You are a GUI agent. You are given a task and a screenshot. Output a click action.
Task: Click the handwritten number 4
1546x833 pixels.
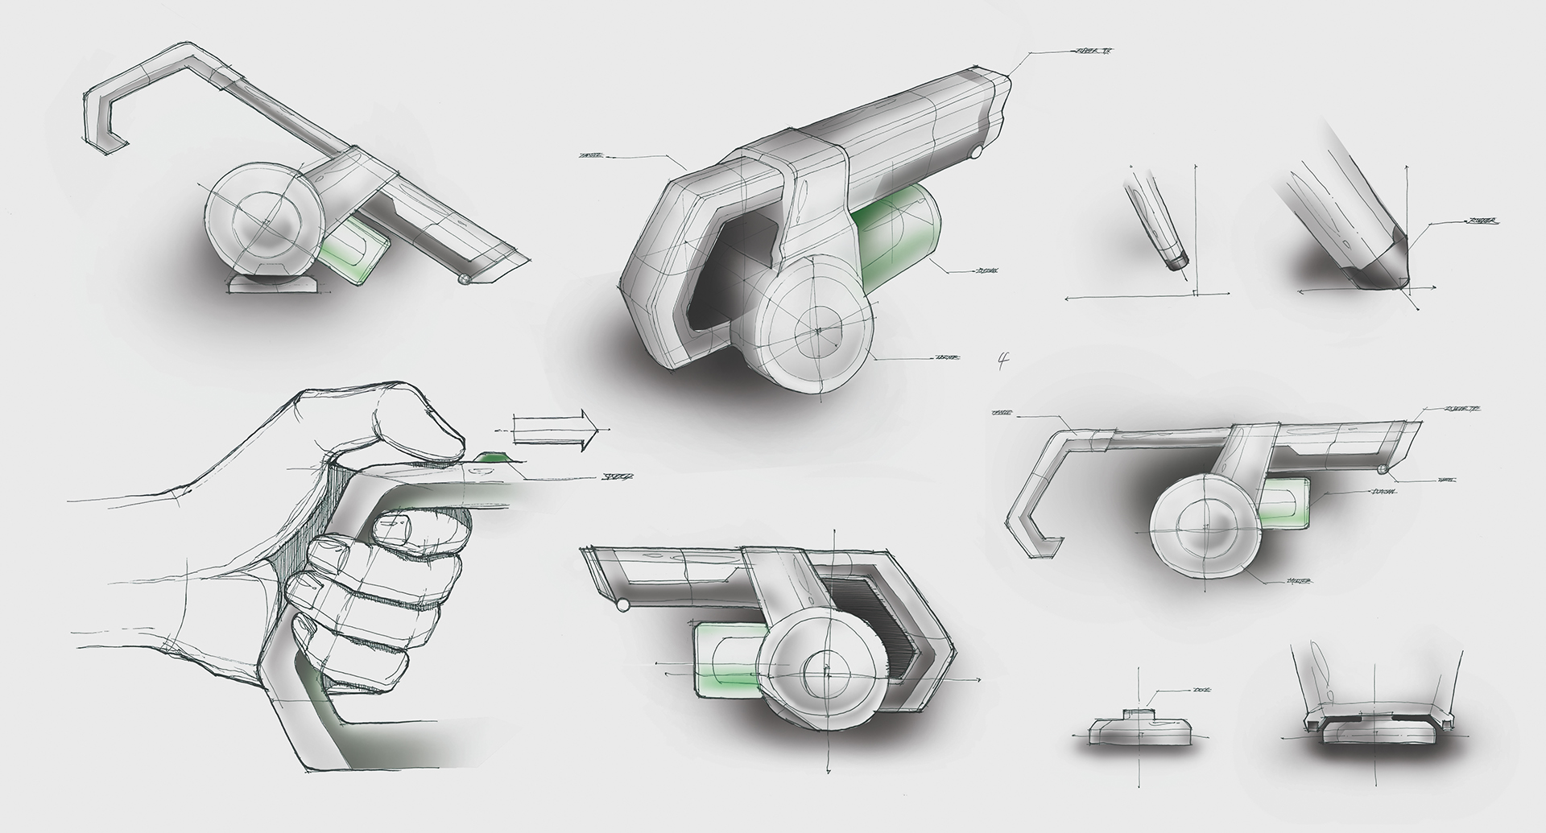(1003, 360)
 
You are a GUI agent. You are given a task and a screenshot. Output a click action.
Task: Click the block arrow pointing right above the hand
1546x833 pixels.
(555, 431)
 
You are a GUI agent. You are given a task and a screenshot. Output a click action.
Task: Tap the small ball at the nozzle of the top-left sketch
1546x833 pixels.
(463, 278)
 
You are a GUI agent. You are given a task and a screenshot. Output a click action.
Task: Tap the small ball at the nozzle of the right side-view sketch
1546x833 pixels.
(1382, 468)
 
